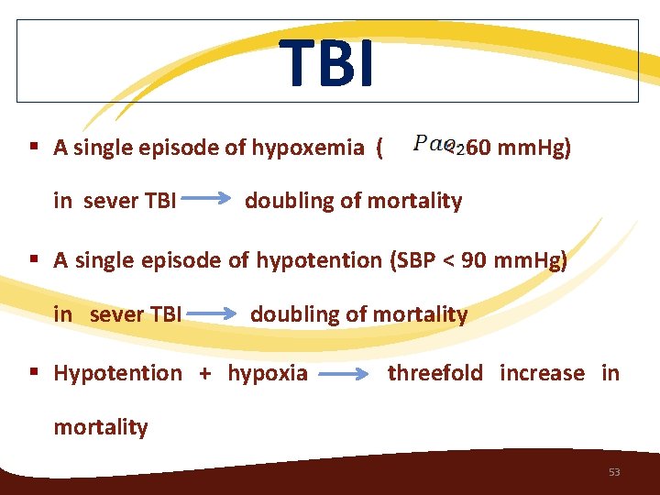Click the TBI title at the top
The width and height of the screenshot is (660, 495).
pos(327,63)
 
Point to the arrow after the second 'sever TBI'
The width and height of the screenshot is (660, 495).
pos(214,313)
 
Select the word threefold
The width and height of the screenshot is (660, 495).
pos(435,373)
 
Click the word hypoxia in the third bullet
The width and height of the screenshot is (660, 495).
pos(268,373)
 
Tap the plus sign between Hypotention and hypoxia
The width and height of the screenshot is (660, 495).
pos(204,374)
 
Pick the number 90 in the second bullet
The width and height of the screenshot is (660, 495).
pos(474,260)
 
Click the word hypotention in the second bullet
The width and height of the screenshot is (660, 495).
pos(319,260)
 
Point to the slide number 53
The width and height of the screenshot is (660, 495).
pos(614,472)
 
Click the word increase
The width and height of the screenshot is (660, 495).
pos(542,373)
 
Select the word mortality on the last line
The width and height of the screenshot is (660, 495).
pos(101,427)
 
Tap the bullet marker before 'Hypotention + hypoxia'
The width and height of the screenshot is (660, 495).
pos(33,373)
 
